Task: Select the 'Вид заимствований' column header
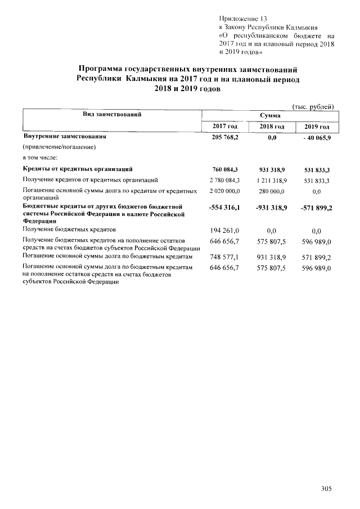click(x=111, y=114)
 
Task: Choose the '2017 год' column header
click(x=224, y=126)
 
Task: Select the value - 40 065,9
click(x=316, y=137)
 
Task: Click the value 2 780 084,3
click(x=224, y=180)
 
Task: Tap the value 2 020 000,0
click(x=224, y=192)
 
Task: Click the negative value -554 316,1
click(x=224, y=208)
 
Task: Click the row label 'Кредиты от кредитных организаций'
click(x=78, y=169)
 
